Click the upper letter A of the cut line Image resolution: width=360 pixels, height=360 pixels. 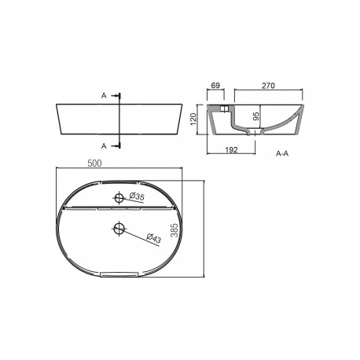coord(105,94)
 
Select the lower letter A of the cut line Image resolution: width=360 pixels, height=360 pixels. coord(105,145)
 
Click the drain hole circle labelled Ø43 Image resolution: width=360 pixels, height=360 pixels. coord(119,228)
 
